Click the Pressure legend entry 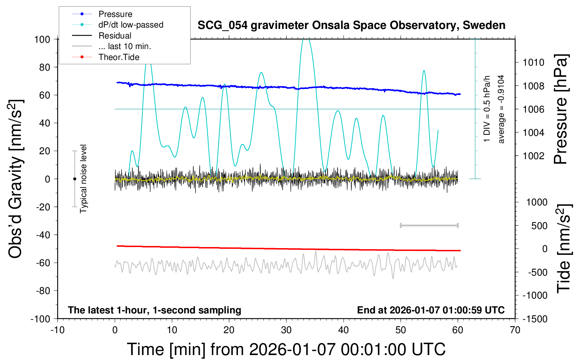(x=115, y=14)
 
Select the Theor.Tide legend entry (x=119, y=57)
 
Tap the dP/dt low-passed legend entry (x=131, y=25)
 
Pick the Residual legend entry (x=115, y=36)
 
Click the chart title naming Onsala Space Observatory (x=351, y=25)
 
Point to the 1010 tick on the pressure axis (x=533, y=62)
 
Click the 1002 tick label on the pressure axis (x=533, y=156)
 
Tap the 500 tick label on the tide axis (x=539, y=226)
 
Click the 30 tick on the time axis (x=286, y=330)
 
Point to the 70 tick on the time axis (x=515, y=330)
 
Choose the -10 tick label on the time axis (x=58, y=330)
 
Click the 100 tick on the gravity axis (x=42, y=39)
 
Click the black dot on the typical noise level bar (x=74, y=179)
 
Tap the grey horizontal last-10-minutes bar (x=429, y=225)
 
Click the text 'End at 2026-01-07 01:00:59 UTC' (x=431, y=310)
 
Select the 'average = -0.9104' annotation (x=501, y=109)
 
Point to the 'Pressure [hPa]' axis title (x=561, y=109)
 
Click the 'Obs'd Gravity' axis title (x=16, y=179)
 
